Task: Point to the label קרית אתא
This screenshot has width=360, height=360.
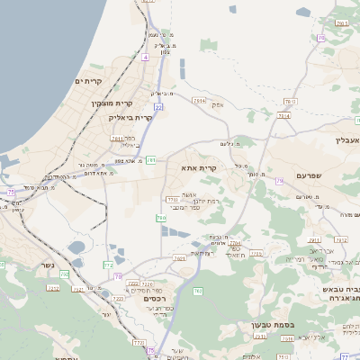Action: click(200, 168)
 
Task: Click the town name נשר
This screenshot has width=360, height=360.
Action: click(46, 265)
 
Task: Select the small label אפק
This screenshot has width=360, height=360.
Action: click(217, 105)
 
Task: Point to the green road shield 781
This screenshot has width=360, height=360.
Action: click(151, 160)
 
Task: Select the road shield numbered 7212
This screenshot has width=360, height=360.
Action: click(53, 287)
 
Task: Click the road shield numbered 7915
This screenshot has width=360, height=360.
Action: click(341, 240)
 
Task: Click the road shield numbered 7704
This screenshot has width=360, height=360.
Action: click(235, 243)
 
